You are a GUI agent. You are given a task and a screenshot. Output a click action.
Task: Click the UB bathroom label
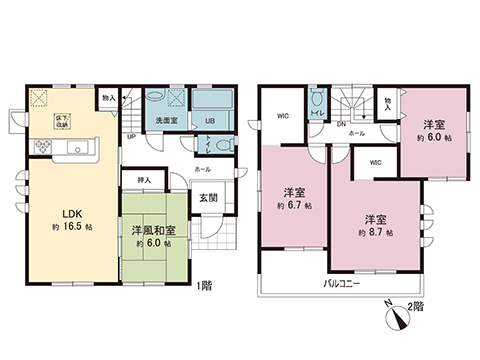210,122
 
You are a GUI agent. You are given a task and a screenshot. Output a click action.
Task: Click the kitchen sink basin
78,151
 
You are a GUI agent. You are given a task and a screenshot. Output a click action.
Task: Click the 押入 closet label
143,180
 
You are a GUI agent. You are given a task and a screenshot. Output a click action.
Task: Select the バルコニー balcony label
341,283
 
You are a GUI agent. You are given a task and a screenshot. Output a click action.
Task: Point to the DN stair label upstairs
341,124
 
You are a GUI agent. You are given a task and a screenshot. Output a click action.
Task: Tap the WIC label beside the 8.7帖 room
375,161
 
